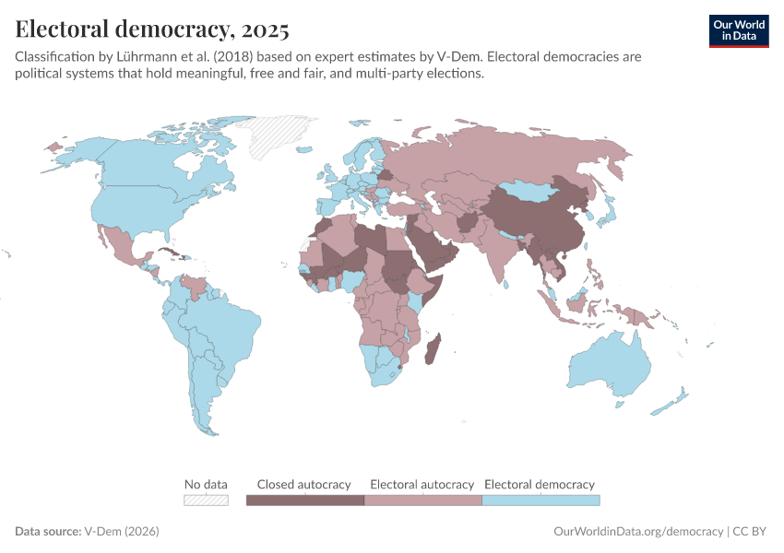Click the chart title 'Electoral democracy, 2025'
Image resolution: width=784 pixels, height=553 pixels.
[152, 29]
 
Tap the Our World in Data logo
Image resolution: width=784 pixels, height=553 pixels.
[738, 29]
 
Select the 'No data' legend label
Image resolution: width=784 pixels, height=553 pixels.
[206, 484]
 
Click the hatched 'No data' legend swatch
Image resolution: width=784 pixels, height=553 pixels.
[206, 500]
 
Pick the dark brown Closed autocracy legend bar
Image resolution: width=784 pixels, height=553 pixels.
[305, 500]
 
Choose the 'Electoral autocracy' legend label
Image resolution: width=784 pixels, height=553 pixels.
[422, 484]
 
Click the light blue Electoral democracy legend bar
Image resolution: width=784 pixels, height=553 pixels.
[540, 500]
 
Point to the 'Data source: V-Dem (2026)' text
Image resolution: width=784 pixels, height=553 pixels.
[88, 532]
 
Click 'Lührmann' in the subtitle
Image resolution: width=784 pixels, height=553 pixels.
[152, 56]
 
